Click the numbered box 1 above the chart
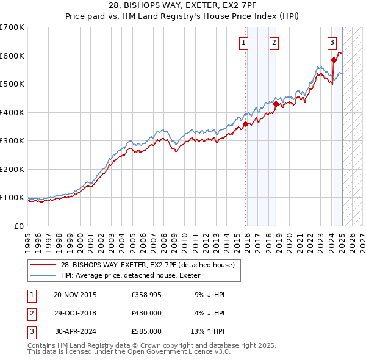pos(243,42)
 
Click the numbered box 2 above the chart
pos(274,42)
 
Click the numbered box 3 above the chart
pos(332,42)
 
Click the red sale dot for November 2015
pos(245,124)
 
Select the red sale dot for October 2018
pos(276,104)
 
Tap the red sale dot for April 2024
pos(334,60)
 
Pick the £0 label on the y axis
pos(19,226)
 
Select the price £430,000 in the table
pos(146,313)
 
